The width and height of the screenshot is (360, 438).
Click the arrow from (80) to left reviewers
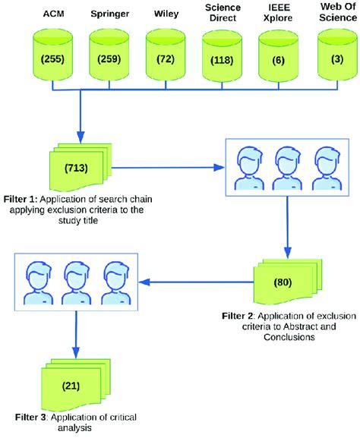coord(197,282)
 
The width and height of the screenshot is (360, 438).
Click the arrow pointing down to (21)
coord(74,334)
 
